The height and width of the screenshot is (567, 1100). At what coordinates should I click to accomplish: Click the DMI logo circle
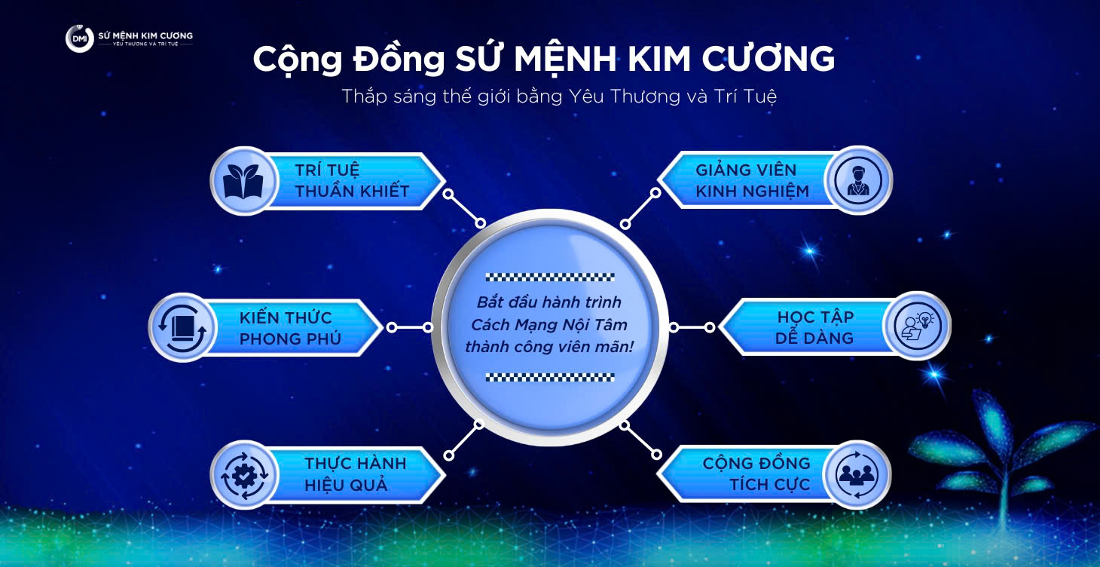coord(79,39)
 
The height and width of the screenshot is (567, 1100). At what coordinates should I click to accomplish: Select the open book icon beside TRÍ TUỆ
coord(242,181)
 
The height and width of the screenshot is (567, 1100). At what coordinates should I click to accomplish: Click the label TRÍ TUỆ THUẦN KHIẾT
coord(352,181)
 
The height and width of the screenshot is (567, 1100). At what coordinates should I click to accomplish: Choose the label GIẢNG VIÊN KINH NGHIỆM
coord(752,181)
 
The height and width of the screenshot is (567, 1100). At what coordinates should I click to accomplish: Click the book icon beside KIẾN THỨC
coord(181,327)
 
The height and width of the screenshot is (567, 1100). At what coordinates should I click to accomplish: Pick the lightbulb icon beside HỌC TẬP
coord(917,326)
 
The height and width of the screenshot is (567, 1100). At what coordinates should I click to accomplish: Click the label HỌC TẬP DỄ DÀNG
coord(814,327)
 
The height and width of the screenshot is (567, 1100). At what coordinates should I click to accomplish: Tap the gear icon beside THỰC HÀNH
coord(243,474)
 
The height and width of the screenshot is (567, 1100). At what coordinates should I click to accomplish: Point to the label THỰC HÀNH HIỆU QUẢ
coord(355,474)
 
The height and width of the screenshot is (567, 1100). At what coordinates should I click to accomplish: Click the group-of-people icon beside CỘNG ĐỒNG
coord(857,474)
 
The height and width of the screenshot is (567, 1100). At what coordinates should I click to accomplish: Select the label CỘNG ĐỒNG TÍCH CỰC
coord(756,474)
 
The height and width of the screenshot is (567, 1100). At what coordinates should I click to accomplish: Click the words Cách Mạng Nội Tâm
coord(549,325)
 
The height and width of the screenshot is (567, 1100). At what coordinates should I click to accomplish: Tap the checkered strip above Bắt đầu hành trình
coord(550,277)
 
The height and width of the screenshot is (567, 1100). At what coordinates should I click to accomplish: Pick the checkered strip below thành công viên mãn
coord(550,377)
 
